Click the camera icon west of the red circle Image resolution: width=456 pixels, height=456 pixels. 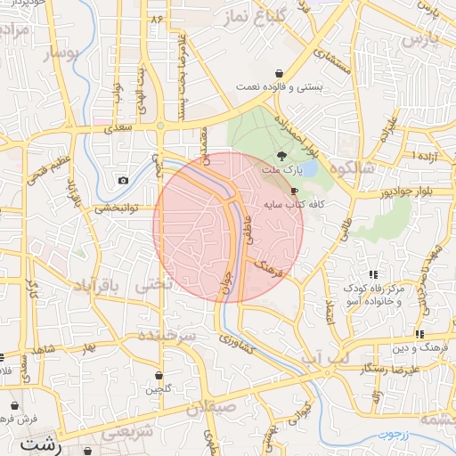pos(122,181)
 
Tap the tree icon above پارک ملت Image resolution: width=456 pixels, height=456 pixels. pos(282,155)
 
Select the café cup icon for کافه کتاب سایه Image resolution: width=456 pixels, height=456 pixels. pos(295,191)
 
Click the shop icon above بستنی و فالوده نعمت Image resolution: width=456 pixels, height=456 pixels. pos(280,73)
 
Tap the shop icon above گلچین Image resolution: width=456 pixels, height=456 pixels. pos(159,375)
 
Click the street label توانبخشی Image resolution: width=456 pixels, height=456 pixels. pos(115,208)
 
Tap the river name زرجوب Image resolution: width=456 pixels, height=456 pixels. pos(388,436)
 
